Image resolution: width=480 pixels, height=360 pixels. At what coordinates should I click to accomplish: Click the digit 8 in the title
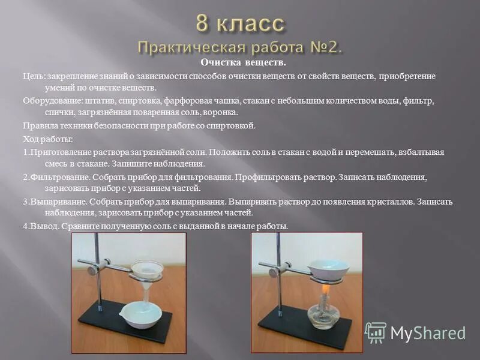(203, 25)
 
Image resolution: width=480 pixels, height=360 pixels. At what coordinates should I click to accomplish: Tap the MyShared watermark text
(428, 333)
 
